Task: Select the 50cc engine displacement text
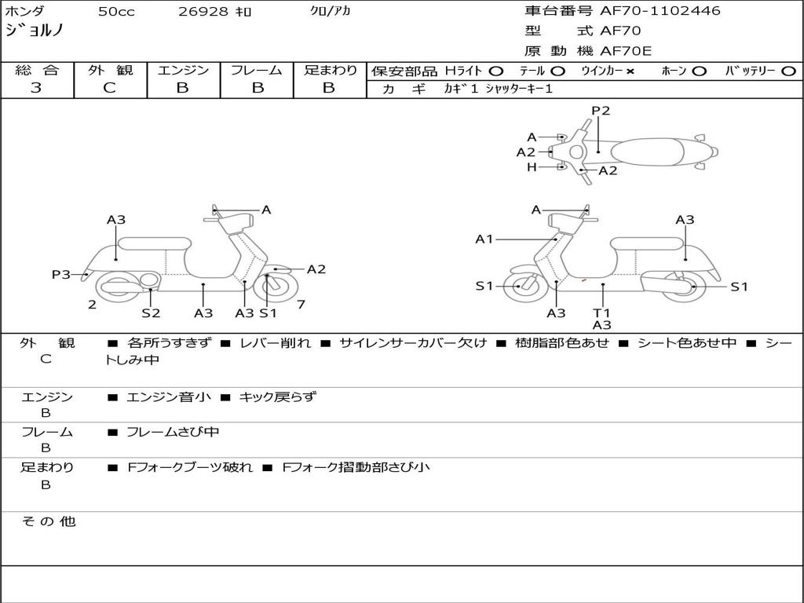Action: pyautogui.click(x=116, y=12)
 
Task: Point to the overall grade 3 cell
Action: pyautogui.click(x=36, y=88)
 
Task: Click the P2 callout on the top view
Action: pyautogui.click(x=601, y=111)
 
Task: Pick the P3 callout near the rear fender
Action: pyautogui.click(x=60, y=274)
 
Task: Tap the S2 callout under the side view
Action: pyautogui.click(x=151, y=312)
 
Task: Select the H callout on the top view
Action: pyautogui.click(x=532, y=167)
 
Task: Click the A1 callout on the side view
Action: pyautogui.click(x=484, y=239)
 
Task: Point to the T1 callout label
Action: pyautogui.click(x=602, y=312)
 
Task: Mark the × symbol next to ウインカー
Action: pyautogui.click(x=630, y=71)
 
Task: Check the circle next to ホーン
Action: pyautogui.click(x=700, y=71)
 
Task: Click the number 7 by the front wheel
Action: pyautogui.click(x=301, y=305)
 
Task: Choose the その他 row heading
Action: pyautogui.click(x=48, y=521)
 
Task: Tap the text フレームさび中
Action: pyautogui.click(x=173, y=432)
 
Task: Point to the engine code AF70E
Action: pyautogui.click(x=626, y=52)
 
